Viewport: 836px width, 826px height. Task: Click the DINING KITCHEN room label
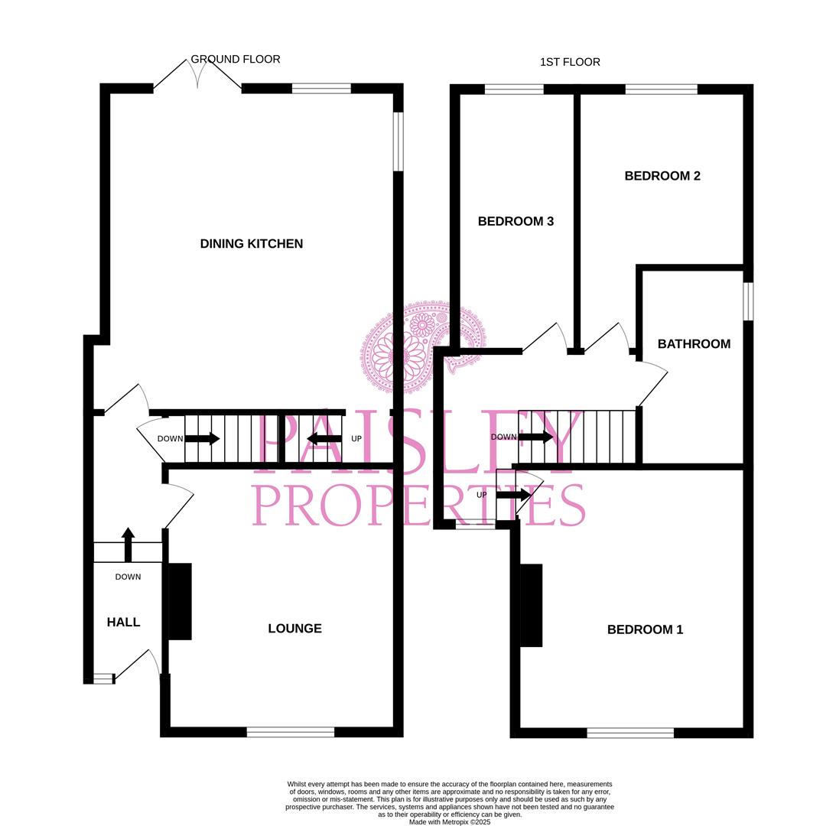pyautogui.click(x=252, y=244)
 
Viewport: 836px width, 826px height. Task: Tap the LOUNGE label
pyautogui.click(x=294, y=629)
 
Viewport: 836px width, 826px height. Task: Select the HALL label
pyautogui.click(x=123, y=623)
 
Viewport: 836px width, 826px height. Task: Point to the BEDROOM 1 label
pyautogui.click(x=645, y=629)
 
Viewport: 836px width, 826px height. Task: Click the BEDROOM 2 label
pyautogui.click(x=662, y=176)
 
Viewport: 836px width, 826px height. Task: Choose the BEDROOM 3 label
pyautogui.click(x=516, y=222)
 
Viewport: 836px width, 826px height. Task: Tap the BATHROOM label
pyautogui.click(x=694, y=344)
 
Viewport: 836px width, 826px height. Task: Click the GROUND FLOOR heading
pyautogui.click(x=236, y=59)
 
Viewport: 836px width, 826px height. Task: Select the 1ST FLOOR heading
pyautogui.click(x=570, y=62)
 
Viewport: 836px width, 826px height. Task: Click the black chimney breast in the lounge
pyautogui.click(x=180, y=601)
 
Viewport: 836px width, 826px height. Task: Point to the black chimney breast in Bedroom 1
pyautogui.click(x=532, y=605)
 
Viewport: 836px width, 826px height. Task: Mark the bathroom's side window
pyautogui.click(x=749, y=301)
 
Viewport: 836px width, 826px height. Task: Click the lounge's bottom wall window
pyautogui.click(x=291, y=732)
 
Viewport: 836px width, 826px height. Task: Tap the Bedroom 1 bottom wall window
pyautogui.click(x=630, y=733)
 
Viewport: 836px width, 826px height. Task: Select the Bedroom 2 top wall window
pyautogui.click(x=661, y=89)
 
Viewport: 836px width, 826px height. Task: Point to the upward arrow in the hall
pyautogui.click(x=128, y=544)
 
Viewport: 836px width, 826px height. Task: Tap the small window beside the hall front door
pyautogui.click(x=103, y=678)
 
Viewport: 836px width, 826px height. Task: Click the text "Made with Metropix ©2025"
pyautogui.click(x=450, y=822)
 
